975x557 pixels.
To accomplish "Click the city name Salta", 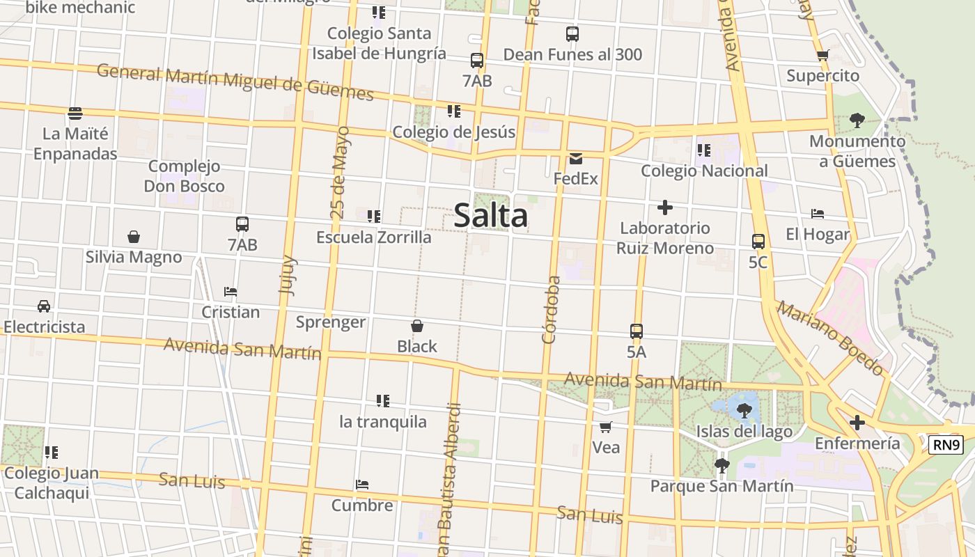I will pyautogui.click(x=491, y=216).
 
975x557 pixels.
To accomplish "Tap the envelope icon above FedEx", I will pyautogui.click(x=576, y=159).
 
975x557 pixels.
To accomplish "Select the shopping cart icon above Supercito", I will pyautogui.click(x=822, y=56).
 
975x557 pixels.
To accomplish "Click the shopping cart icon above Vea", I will pyautogui.click(x=606, y=427).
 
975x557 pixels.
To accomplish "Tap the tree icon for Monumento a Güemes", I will pyautogui.click(x=857, y=120).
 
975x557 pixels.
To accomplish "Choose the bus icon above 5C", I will pyautogui.click(x=758, y=242).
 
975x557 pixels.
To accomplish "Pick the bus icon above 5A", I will pyautogui.click(x=637, y=331).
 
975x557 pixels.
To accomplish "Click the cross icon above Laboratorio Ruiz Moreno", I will pyautogui.click(x=665, y=207).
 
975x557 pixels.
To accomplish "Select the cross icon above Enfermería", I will pyautogui.click(x=857, y=423).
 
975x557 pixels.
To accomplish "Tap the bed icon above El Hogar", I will pyautogui.click(x=818, y=214).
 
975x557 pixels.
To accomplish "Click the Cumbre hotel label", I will pyautogui.click(x=362, y=505).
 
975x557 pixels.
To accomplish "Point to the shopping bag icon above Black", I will pyautogui.click(x=417, y=326).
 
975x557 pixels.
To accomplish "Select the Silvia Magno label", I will pyautogui.click(x=134, y=257).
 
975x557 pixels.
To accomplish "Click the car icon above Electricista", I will pyautogui.click(x=44, y=306).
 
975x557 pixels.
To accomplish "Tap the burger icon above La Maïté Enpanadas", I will pyautogui.click(x=75, y=113).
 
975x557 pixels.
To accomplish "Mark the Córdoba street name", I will pyautogui.click(x=551, y=310).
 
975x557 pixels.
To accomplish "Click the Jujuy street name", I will pyautogui.click(x=287, y=275).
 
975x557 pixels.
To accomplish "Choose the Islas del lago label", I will pyautogui.click(x=744, y=432).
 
